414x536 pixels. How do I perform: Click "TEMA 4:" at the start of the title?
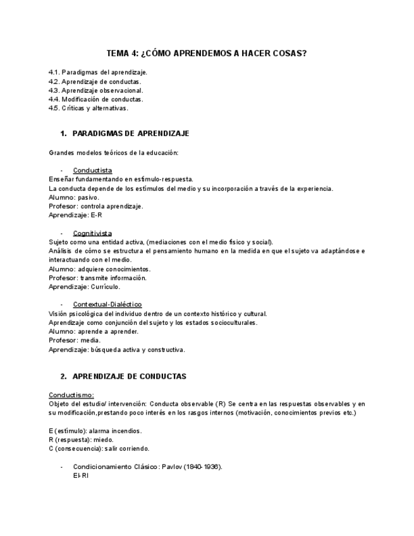pyautogui.click(x=120, y=54)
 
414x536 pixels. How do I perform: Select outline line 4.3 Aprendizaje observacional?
pyautogui.click(x=96, y=90)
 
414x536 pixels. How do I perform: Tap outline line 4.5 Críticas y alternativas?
pyautogui.click(x=88, y=108)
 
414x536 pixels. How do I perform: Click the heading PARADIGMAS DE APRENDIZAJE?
pyautogui.click(x=131, y=134)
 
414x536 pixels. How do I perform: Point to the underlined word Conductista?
pyautogui.click(x=92, y=171)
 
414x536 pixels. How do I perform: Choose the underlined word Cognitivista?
pyautogui.click(x=92, y=233)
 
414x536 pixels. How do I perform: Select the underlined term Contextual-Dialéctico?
pyautogui.click(x=107, y=305)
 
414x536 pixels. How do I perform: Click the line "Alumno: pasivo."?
pyautogui.click(x=74, y=197)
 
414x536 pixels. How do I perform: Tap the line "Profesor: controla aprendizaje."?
pyautogui.click(x=96, y=206)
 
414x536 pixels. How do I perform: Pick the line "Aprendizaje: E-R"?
pyautogui.click(x=75, y=215)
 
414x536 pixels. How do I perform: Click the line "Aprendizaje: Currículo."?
pyautogui.click(x=84, y=286)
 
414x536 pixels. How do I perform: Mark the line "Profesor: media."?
pyautogui.click(x=75, y=340)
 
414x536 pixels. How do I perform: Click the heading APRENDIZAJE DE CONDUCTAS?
pyautogui.click(x=130, y=377)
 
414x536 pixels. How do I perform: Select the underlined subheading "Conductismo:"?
pyautogui.click(x=71, y=395)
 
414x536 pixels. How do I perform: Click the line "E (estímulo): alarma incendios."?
pyautogui.click(x=95, y=431)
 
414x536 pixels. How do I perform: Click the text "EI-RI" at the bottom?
pyautogui.click(x=81, y=476)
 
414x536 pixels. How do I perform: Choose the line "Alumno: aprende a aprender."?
pyautogui.click(x=94, y=331)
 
